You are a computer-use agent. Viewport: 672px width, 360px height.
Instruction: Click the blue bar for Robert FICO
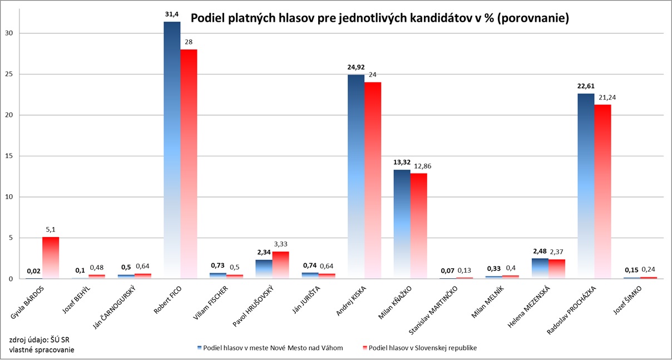pos(172,150)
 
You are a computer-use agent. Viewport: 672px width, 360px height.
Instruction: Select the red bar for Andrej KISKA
pos(373,180)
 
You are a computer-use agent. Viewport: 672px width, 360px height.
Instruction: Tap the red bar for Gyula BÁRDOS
pos(51,258)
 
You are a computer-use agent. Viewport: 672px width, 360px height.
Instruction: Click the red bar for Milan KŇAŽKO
pos(419,226)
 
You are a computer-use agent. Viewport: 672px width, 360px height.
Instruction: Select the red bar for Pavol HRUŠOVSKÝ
pos(280,265)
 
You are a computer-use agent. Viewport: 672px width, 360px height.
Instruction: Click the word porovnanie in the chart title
pos(533,18)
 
